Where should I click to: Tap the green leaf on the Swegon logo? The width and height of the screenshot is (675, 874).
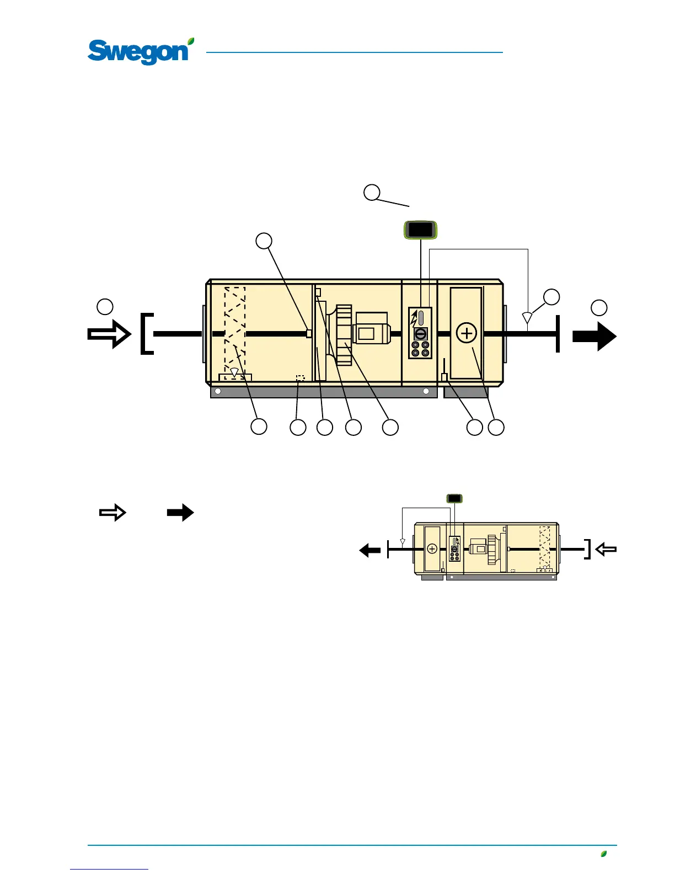pos(190,41)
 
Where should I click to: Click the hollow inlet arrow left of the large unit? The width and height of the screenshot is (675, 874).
pos(109,334)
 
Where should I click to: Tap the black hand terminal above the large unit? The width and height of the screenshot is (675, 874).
pos(421,230)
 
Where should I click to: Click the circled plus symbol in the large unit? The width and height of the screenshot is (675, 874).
pos(467,333)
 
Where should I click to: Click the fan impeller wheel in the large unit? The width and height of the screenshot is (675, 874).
pos(345,335)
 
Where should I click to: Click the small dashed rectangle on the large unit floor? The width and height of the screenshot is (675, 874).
pos(300,379)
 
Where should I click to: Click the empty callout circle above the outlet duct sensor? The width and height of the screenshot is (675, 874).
pos(551,296)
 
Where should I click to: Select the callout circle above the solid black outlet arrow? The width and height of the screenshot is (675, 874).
pos(599,307)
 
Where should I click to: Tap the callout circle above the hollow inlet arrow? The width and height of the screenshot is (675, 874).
pos(105,306)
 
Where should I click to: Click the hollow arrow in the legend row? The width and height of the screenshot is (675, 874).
pos(113,513)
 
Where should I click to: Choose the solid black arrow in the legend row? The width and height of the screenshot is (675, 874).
pos(180,513)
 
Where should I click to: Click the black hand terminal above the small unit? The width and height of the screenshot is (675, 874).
pos(454,498)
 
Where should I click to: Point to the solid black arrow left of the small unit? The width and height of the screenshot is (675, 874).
pos(369,550)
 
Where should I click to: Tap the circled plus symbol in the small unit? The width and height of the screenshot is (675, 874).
pos(432,549)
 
